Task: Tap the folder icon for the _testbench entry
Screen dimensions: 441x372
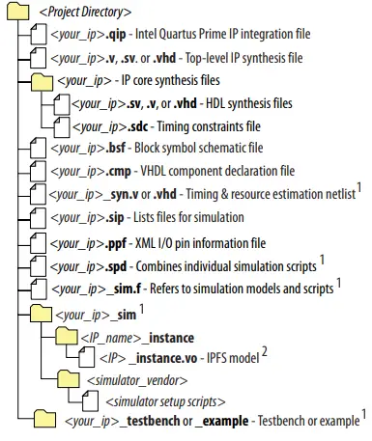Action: [44, 420]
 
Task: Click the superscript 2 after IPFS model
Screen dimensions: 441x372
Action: [263, 352]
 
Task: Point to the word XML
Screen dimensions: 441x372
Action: [134, 242]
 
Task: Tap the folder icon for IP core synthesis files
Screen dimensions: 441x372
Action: [42, 81]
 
